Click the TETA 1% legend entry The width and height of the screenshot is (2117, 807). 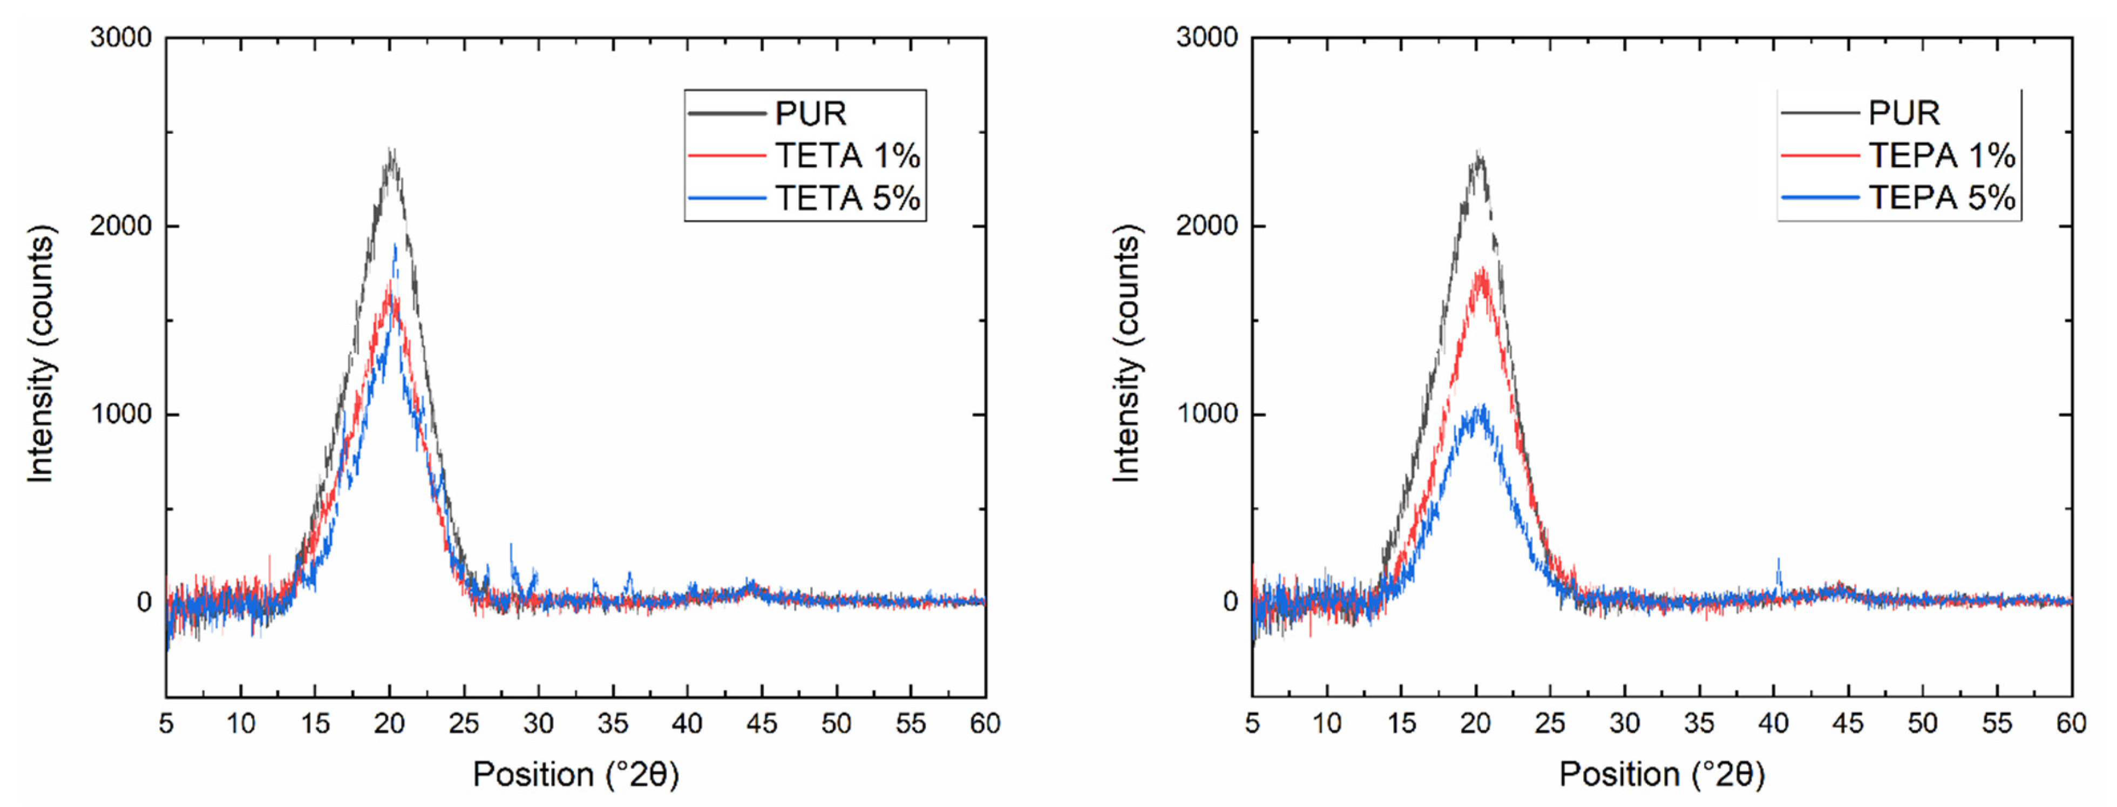[846, 155]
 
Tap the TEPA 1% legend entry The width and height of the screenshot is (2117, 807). [1941, 155]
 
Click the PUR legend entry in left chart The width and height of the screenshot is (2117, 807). [810, 113]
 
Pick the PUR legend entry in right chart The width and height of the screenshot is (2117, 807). [1903, 113]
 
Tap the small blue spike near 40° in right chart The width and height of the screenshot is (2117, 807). [1779, 561]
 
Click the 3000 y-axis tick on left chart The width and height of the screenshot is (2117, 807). [121, 38]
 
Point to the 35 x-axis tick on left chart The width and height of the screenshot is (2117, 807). [612, 724]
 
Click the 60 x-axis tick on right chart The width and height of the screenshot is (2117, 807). [2070, 724]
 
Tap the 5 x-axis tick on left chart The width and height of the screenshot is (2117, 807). [166, 724]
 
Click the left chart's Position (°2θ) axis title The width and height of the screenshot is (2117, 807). [575, 774]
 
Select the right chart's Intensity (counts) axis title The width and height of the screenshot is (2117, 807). [1126, 354]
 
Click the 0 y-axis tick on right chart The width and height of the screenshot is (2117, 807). [1230, 602]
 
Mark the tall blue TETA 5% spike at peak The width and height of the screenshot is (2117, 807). [395, 247]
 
